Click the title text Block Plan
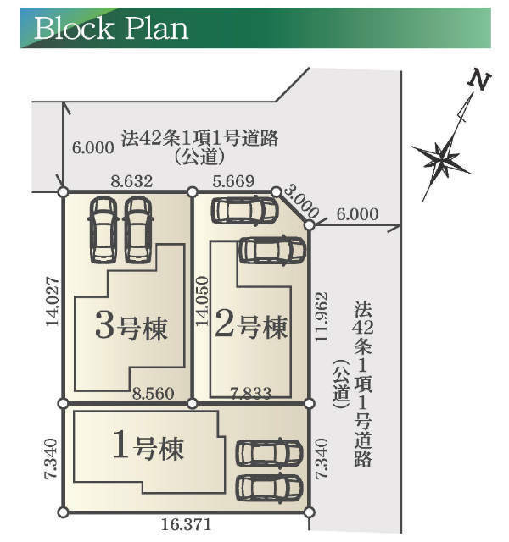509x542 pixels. tap(110, 27)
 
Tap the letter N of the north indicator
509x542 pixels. tap(479, 82)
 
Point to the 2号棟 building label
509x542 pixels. tap(251, 326)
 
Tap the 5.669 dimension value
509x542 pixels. tap(233, 180)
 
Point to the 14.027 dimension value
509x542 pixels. tap(53, 301)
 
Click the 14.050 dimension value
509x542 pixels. tap(202, 301)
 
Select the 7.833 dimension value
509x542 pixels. tap(251, 392)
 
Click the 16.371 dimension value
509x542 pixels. tap(184, 525)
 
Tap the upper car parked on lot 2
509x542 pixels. tap(244, 210)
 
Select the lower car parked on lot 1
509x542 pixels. tap(269, 487)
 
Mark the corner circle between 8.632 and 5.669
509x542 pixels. tap(193, 192)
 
